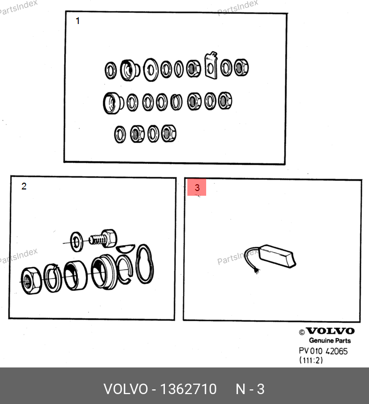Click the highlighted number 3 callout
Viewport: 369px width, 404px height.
tap(197, 187)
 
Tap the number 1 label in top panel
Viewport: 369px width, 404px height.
tap(78, 21)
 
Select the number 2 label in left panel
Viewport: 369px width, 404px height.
tap(24, 186)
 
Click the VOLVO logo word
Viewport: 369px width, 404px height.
tap(330, 331)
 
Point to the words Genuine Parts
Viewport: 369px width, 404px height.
tap(330, 341)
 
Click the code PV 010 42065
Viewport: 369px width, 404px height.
tap(323, 351)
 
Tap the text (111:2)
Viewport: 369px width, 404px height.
tap(311, 360)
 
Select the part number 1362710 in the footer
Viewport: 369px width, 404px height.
tap(188, 389)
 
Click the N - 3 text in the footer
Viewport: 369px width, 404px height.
tap(250, 389)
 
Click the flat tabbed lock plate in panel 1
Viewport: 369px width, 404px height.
tap(211, 65)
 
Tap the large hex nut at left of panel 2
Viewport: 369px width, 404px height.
tap(31, 281)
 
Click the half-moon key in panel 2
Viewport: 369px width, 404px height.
tap(125, 248)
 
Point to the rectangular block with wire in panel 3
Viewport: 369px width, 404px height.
tap(277, 256)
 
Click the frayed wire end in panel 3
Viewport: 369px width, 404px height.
tap(257, 271)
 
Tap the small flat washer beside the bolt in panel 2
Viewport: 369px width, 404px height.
tap(77, 242)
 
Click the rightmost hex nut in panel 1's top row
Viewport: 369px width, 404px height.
tap(241, 67)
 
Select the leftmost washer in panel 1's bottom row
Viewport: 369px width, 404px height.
tap(120, 134)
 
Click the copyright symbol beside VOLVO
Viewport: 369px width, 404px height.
tap(302, 332)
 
